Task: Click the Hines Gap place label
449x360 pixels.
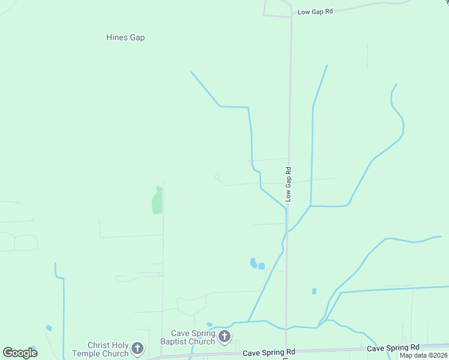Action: click(125, 37)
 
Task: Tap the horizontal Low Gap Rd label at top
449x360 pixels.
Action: click(315, 11)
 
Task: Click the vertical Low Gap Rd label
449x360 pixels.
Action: click(288, 184)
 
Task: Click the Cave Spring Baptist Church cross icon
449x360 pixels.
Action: click(224, 337)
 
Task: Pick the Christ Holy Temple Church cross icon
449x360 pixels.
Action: click(137, 348)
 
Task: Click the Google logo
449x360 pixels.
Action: click(20, 352)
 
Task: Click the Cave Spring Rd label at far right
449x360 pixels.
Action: click(393, 348)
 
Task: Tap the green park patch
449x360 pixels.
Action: click(157, 200)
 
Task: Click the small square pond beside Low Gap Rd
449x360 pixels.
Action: click(262, 266)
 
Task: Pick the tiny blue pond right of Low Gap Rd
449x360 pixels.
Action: click(314, 291)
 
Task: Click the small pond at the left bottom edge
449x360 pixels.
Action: click(49, 328)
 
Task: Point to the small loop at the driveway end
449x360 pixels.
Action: click(217, 176)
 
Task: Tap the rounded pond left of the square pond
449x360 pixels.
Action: click(253, 263)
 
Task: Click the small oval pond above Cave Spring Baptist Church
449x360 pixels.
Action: click(209, 325)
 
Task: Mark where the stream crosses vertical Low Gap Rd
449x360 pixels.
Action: click(286, 208)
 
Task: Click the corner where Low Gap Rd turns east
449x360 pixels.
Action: click(291, 16)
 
